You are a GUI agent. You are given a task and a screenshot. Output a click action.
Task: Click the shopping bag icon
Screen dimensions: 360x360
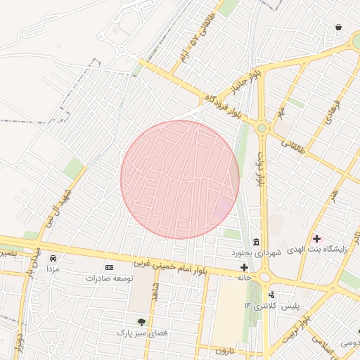(339, 27)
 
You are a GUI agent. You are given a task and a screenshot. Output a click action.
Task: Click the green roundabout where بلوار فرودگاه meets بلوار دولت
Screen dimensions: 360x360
(262, 128)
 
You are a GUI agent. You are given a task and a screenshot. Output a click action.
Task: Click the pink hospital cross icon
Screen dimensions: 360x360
(316, 239)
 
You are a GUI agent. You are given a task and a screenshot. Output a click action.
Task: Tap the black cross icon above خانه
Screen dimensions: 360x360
(244, 267)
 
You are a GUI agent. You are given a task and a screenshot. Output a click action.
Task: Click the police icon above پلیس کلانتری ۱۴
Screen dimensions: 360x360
(271, 295)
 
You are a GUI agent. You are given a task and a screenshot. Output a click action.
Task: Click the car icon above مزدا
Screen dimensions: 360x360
(52, 258)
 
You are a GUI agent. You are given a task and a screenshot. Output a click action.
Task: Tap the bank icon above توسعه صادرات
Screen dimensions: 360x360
(109, 267)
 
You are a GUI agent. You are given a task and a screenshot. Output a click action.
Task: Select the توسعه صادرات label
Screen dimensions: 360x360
(109, 278)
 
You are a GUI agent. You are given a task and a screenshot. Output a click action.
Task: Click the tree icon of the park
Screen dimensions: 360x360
(142, 321)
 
